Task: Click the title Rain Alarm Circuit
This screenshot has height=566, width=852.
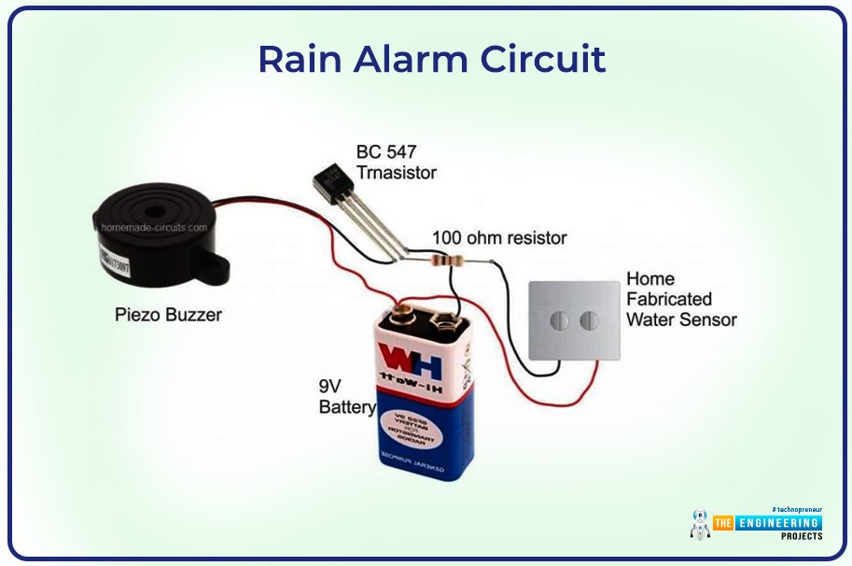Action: click(x=431, y=59)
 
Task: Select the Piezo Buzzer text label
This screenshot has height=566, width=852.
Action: click(x=168, y=315)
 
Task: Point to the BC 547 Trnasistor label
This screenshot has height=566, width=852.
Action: click(x=396, y=162)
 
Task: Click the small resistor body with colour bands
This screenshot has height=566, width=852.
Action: click(x=455, y=261)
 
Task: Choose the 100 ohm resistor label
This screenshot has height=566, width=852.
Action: click(x=498, y=238)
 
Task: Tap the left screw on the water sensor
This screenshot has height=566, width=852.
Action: click(x=559, y=321)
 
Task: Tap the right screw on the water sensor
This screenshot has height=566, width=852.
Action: click(x=588, y=321)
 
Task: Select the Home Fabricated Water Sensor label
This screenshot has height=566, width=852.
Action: click(x=680, y=299)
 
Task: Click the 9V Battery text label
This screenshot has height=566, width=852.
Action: click(x=346, y=396)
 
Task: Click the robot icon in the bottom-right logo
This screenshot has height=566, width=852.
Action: click(x=699, y=524)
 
